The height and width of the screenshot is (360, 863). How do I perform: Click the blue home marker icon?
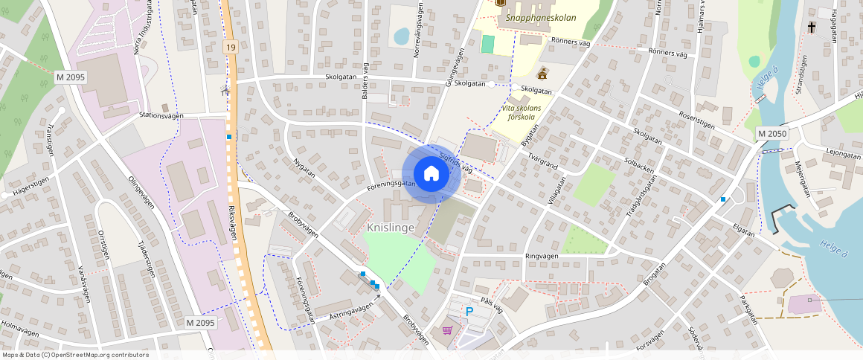pyautogui.click(x=431, y=174)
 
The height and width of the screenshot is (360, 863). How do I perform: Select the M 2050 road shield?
pyautogui.click(x=772, y=133)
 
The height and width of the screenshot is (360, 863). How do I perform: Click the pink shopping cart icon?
pyautogui.click(x=448, y=330)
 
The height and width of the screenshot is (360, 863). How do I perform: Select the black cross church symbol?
pyautogui.click(x=811, y=28)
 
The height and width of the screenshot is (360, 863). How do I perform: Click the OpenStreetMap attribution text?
pyautogui.click(x=75, y=355)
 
